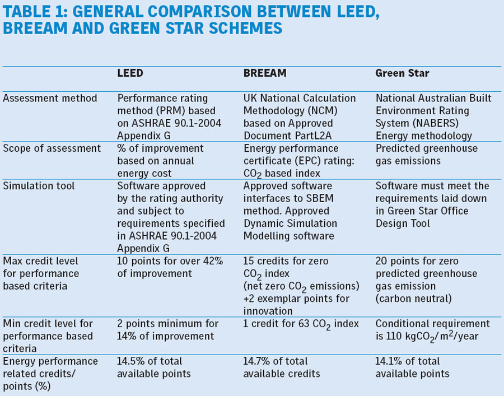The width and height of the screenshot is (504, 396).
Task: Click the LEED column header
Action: tap(130, 73)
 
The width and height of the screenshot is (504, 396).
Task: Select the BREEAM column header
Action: tap(265, 73)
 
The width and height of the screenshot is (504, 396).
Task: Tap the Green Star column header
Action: tap(403, 73)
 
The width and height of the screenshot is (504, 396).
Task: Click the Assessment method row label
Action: tap(50, 99)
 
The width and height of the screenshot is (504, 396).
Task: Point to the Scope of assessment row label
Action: tap(52, 148)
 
